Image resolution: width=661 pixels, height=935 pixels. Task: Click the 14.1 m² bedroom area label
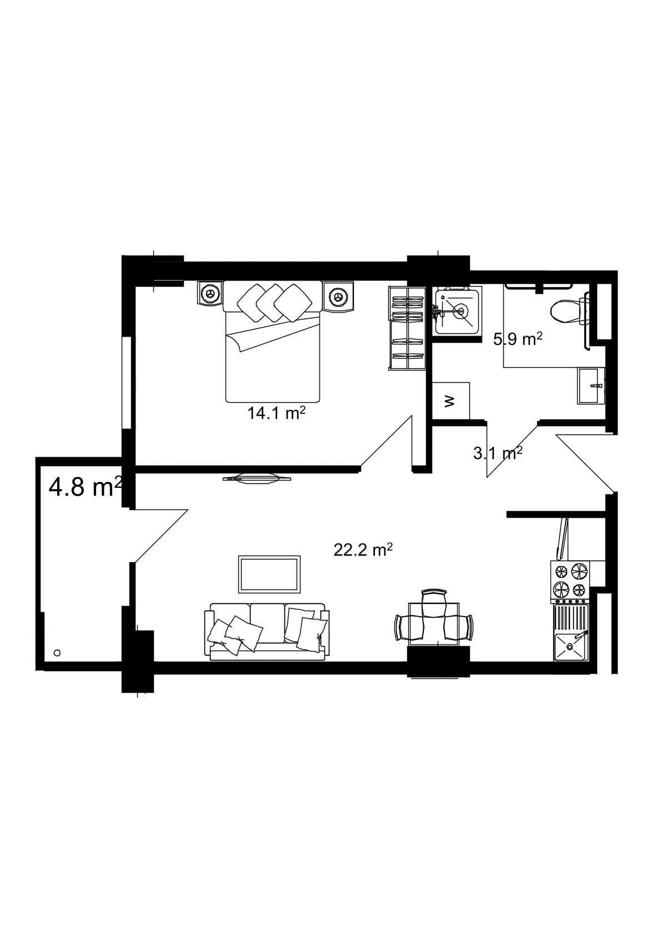point(277,413)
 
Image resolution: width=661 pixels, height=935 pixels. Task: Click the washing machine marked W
point(451,401)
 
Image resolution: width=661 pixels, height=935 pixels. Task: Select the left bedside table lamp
point(210,293)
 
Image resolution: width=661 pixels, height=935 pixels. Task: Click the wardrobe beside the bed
point(406,328)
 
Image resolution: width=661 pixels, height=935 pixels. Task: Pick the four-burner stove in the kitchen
point(570,581)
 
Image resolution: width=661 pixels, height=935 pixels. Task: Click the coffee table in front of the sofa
point(270,574)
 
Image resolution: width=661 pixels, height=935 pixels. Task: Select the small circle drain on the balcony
point(57,653)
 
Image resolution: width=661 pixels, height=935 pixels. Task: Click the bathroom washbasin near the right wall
point(590,386)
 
